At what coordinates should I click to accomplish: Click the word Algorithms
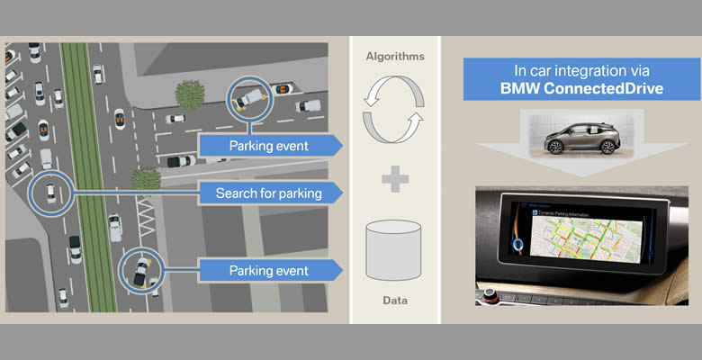tap(393, 56)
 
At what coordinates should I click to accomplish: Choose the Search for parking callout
tap(267, 193)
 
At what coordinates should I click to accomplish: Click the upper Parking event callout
tap(267, 145)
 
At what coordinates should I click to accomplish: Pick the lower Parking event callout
tap(267, 270)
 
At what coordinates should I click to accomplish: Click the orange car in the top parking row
tap(284, 88)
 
